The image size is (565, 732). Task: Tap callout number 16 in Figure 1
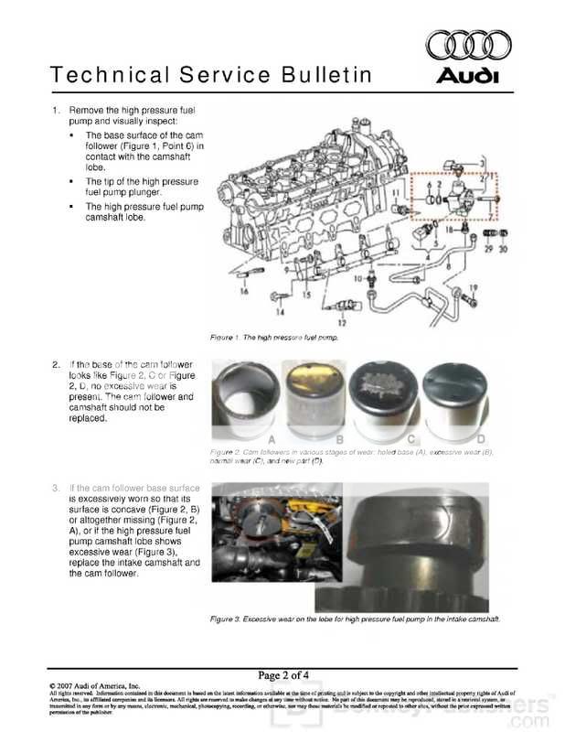pyautogui.click(x=244, y=291)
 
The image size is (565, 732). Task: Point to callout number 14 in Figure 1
pyautogui.click(x=272, y=298)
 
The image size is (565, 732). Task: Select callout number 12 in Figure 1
pyautogui.click(x=340, y=323)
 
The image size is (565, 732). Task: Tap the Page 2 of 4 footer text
pyautogui.click(x=282, y=675)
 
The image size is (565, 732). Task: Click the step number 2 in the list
pyautogui.click(x=57, y=364)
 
